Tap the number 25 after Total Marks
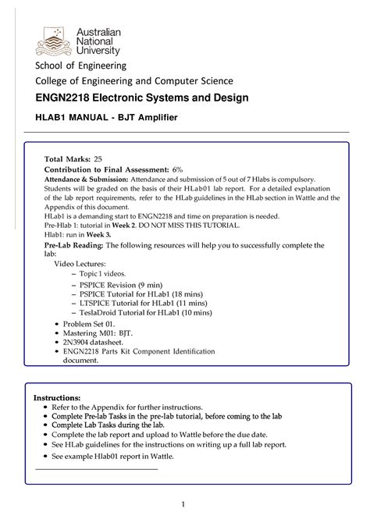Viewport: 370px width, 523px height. point(98,158)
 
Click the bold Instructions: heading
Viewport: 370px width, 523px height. point(57,397)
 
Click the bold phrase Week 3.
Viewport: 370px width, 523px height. point(98,233)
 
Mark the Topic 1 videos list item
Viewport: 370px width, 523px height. point(103,275)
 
